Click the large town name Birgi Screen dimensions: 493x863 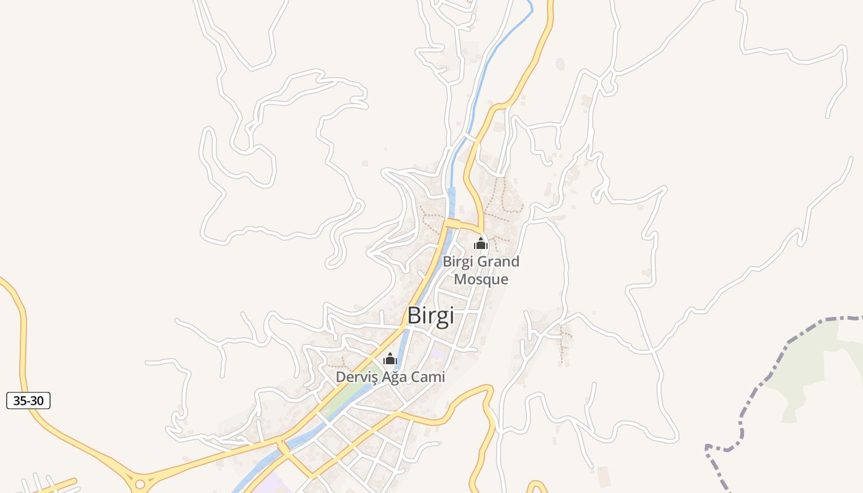click(x=430, y=316)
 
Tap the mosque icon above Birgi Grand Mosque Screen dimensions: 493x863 click(x=481, y=243)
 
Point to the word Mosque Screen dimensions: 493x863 click(x=481, y=279)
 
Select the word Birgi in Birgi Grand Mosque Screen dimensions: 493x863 click(x=459, y=262)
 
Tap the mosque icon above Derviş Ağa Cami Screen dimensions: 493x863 click(x=390, y=359)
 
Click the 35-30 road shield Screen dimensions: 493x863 click(x=28, y=401)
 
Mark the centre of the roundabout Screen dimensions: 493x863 click(x=140, y=484)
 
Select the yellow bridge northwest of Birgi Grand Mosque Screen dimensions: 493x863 click(x=453, y=223)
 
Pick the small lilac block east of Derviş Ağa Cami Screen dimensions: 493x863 click(x=438, y=354)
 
